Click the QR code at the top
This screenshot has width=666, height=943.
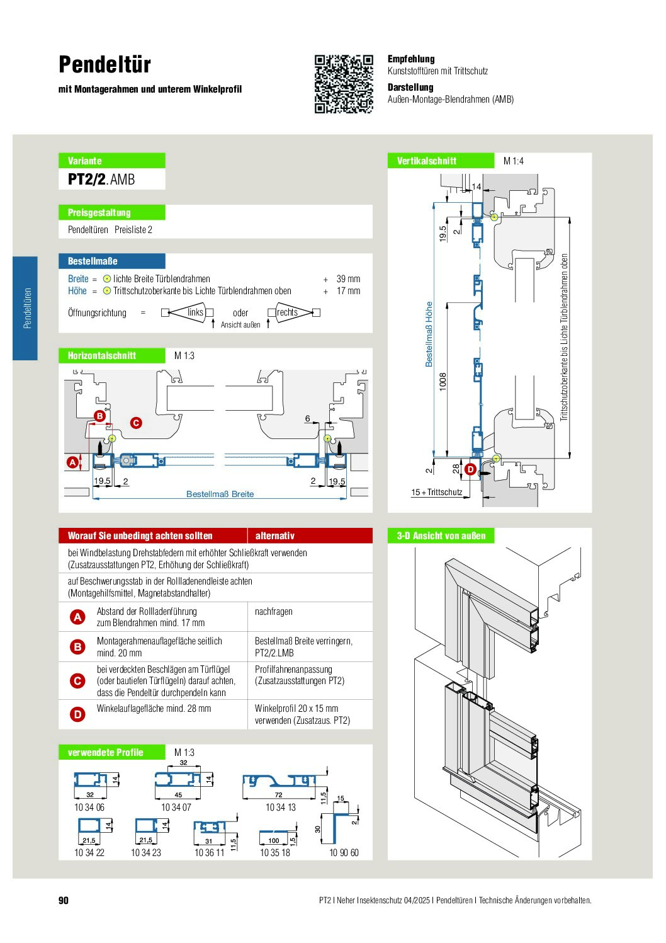pos(344,84)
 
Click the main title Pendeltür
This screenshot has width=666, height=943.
pos(104,64)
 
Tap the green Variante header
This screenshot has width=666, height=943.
pos(112,161)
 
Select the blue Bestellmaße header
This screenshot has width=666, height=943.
pos(112,261)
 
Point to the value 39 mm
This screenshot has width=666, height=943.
pos(348,278)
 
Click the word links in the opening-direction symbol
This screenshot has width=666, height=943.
pos(195,312)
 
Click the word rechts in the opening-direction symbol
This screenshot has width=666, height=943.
pos(287,312)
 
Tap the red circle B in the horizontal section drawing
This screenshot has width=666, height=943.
pos(99,416)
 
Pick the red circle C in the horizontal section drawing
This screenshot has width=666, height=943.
pos(136,423)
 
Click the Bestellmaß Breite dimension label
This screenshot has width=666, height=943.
pos(220,494)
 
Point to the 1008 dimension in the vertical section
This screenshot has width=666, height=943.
pos(443,382)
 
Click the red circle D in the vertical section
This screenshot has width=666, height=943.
pos(470,469)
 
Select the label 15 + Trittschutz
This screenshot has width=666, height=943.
pos(437,492)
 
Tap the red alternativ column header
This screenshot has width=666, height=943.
pos(274,535)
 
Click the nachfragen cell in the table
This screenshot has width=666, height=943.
pos(273,611)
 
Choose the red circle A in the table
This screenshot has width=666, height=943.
pos(77,617)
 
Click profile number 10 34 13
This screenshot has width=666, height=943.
pos(281,807)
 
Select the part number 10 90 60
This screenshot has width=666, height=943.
pos(344,852)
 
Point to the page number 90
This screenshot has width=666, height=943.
pos(64,900)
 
